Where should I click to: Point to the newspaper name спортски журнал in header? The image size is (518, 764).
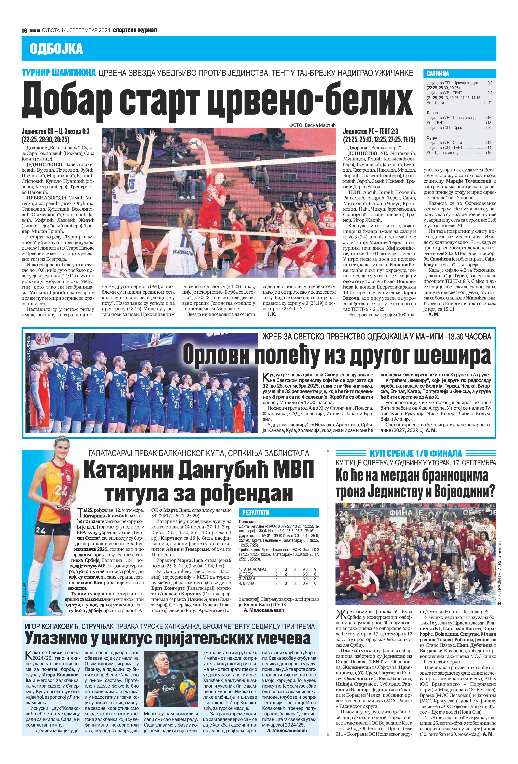click(135, 30)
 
